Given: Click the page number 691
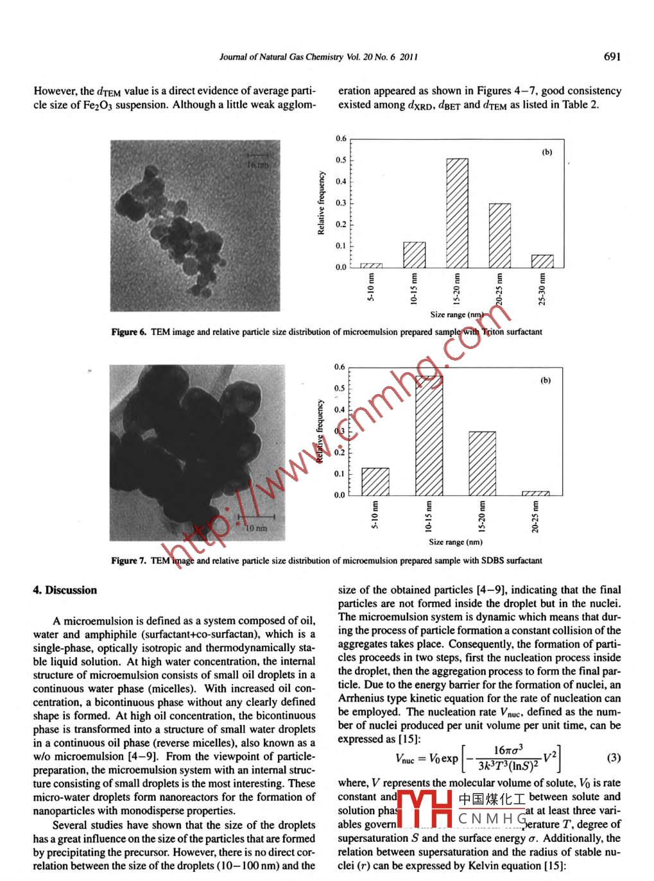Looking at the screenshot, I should click(x=612, y=56).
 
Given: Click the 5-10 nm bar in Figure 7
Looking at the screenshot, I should click(x=375, y=481).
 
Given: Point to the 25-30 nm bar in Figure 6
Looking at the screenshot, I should click(x=542, y=261).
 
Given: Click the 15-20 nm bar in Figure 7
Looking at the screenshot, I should click(x=482, y=463).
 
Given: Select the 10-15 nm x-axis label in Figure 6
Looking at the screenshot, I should click(x=414, y=289).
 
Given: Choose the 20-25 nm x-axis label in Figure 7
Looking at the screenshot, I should click(x=535, y=517).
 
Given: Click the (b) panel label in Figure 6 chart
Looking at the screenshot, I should click(x=547, y=152).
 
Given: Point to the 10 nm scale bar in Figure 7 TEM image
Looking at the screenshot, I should click(x=256, y=517).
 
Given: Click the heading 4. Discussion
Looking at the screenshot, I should click(x=65, y=590).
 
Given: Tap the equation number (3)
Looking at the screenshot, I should click(x=614, y=757).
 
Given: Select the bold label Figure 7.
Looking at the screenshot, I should click(x=128, y=560).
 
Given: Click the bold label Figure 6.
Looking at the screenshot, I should click(x=128, y=332).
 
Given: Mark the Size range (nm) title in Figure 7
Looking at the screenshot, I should click(x=456, y=542).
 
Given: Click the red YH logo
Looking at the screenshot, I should click(x=425, y=809).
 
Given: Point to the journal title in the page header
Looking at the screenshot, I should click(x=318, y=56).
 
